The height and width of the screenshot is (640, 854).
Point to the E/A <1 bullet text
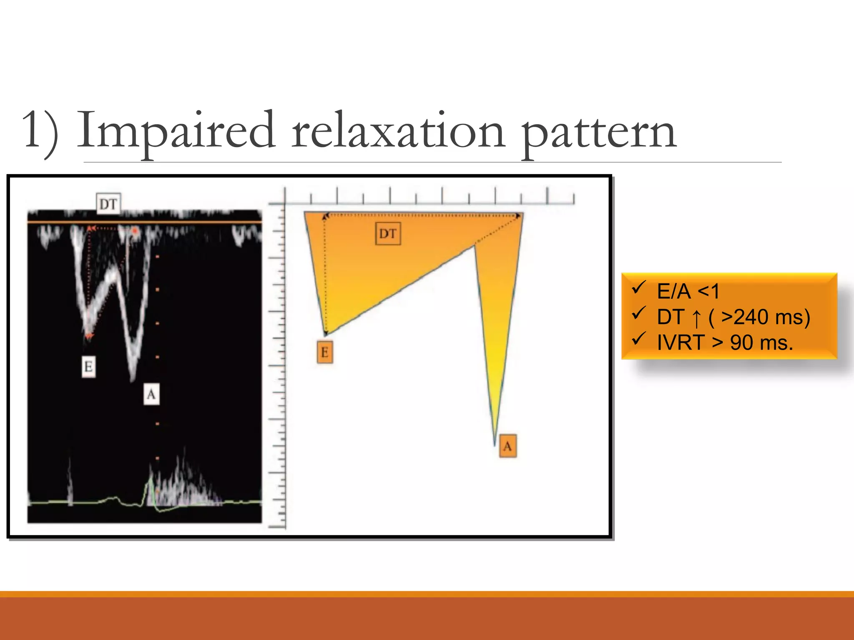[688, 291]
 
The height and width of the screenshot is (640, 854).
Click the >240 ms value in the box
[765, 317]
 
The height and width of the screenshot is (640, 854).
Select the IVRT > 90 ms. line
[725, 343]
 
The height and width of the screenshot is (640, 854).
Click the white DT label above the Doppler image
[108, 204]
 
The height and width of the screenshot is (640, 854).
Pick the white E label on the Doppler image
[88, 367]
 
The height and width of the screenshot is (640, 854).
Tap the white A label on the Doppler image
[151, 394]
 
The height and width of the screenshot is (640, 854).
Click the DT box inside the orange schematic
[388, 234]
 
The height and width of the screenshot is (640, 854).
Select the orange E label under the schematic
[325, 352]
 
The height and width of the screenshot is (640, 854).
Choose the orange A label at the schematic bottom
[507, 447]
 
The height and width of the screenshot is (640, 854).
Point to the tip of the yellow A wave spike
[495, 443]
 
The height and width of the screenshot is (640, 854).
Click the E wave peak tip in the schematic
[326, 335]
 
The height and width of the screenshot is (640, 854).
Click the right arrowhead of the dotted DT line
[518, 216]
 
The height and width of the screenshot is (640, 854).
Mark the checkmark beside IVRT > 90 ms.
[638, 339]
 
